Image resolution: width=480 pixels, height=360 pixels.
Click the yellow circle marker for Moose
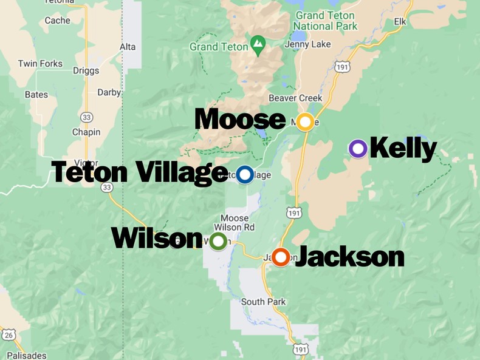point(305,122)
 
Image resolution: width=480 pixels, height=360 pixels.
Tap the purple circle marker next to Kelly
point(358,148)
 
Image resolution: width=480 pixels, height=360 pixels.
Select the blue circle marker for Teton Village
point(245,175)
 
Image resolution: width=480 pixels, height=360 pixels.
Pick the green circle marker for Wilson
point(218,241)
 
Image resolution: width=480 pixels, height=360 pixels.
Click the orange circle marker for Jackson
point(280,257)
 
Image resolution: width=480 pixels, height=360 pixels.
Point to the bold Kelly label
point(403,148)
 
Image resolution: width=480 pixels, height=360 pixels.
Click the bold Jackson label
point(349,257)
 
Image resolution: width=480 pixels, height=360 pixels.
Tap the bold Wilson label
point(157,239)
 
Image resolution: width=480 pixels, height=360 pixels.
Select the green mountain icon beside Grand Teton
point(258,45)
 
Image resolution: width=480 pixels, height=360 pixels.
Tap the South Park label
point(263,302)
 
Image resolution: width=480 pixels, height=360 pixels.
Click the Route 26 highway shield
point(9,335)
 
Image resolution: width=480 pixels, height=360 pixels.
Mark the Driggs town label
point(86,70)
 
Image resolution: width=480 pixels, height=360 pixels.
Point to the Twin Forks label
point(40,64)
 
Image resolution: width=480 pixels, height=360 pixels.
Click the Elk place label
point(399,22)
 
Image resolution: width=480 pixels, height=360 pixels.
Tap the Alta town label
point(128,47)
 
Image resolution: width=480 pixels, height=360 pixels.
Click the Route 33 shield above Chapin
point(86,117)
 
